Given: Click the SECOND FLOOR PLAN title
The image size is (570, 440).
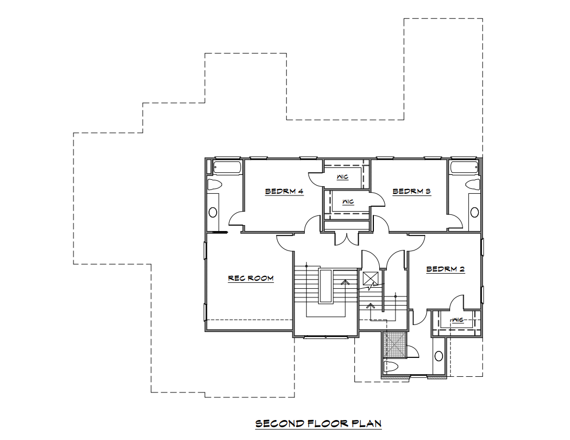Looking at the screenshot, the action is point(318,423).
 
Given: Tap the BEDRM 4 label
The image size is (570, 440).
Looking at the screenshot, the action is point(284,191).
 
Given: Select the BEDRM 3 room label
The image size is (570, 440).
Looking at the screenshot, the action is point(412,191).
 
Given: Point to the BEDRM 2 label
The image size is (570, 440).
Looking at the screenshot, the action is point(445,269).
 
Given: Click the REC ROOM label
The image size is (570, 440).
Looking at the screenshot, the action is point(251,279).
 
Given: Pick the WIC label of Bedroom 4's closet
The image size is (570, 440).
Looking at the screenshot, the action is point(343,177).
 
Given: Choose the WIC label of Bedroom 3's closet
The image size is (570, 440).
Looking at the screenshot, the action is point(348,202).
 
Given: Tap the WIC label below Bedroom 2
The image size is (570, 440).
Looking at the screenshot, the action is point(458,320).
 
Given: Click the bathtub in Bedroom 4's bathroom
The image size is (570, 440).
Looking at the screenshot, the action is point(227,167).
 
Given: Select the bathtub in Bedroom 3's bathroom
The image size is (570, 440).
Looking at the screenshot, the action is point(464,167).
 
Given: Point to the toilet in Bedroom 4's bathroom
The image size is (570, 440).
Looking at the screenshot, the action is point(214,184).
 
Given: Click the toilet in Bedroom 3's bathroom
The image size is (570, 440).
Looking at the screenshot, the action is point(474,184).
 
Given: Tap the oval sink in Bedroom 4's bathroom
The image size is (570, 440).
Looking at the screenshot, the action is point(213,212).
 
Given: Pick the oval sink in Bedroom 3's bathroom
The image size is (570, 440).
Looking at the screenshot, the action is point(474,212).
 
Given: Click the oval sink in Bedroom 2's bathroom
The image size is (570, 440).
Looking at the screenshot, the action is point(439,356).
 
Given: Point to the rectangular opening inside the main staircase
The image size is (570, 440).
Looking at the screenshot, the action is point(325,286).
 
